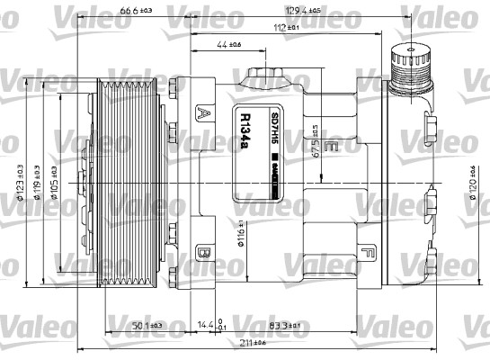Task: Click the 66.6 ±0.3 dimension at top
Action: (134, 12)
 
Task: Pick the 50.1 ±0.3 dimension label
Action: (144, 325)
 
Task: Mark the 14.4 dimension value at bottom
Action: (205, 325)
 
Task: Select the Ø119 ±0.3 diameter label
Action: (36, 180)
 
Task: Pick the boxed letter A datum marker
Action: (204, 113)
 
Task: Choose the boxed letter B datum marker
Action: (204, 253)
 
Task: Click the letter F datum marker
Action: (368, 253)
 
